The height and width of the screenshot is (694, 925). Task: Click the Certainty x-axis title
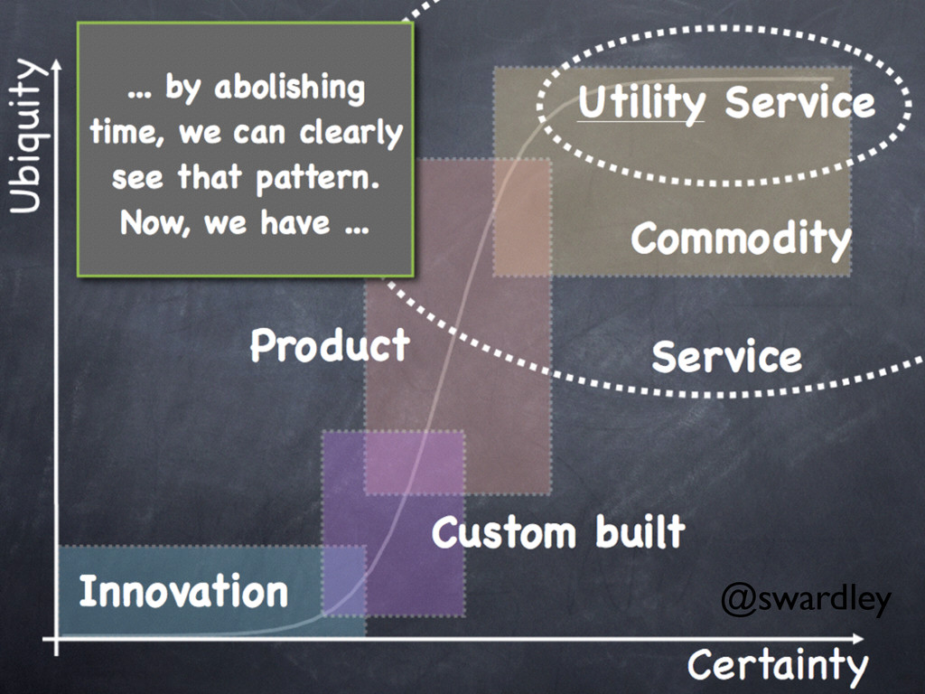[x=777, y=666]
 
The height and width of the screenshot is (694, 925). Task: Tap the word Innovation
[x=183, y=591]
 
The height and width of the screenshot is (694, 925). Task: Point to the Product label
[x=330, y=345]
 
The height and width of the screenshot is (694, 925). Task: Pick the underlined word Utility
[x=640, y=102]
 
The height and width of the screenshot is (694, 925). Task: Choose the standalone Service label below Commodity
[x=726, y=357]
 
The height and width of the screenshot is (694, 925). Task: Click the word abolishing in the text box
[x=288, y=89]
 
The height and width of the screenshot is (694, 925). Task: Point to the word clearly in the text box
[x=351, y=134]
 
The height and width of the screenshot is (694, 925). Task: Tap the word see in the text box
[x=138, y=177]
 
